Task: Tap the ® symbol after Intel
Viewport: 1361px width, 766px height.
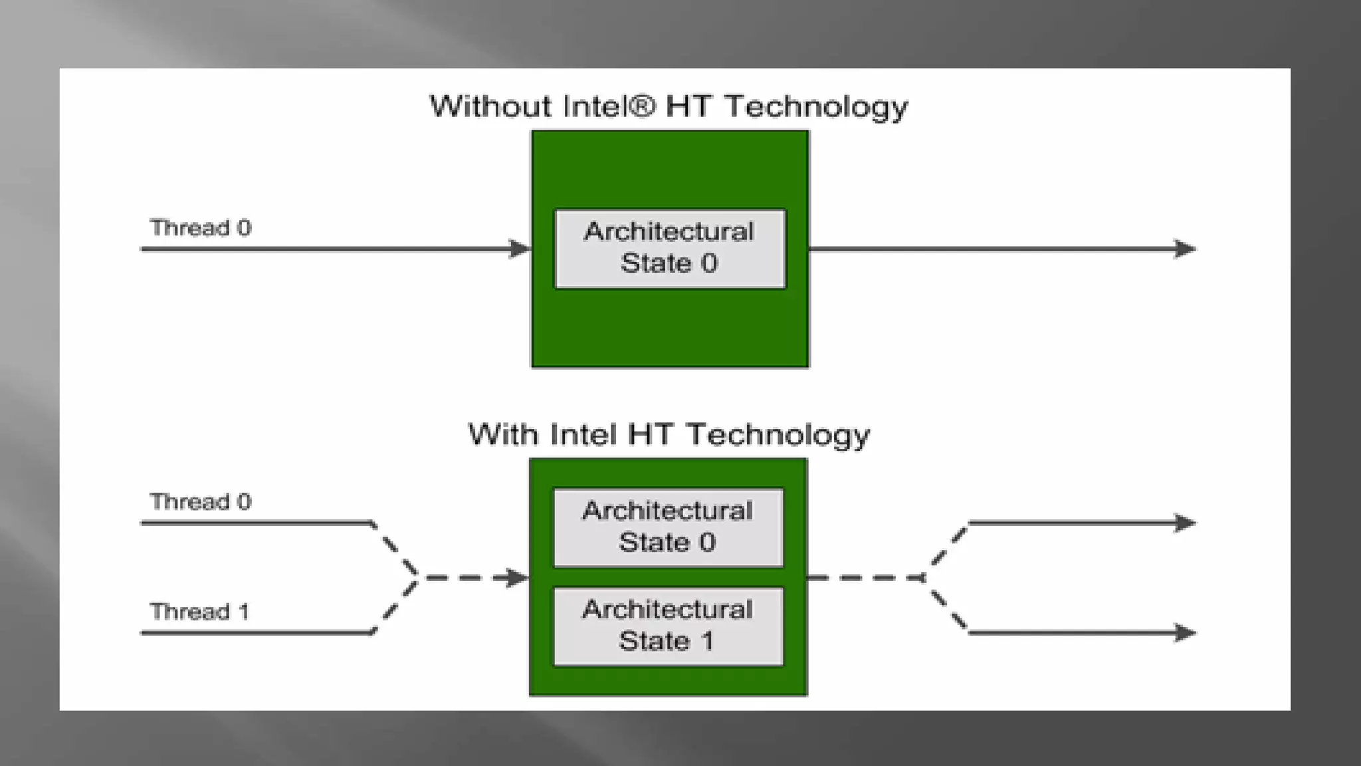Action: [x=641, y=106]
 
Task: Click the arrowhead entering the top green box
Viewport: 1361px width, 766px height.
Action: [x=520, y=249]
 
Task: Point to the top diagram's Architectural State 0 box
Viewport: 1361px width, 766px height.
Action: [x=670, y=249]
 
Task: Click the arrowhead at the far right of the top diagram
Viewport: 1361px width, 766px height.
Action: [x=1185, y=249]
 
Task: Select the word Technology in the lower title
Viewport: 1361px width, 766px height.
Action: [x=778, y=435]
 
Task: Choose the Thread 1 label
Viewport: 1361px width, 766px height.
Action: [x=199, y=611]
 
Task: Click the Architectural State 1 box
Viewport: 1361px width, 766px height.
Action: [x=668, y=626]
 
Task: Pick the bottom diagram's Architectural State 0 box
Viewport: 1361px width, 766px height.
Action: [x=668, y=527]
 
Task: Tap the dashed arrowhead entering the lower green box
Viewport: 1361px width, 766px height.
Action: [x=518, y=577]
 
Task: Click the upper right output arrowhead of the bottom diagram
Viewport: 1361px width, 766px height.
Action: [x=1185, y=523]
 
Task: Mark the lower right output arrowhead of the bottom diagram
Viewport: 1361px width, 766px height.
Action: [x=1185, y=632]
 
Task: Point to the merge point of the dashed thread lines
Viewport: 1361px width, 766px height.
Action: [x=417, y=577]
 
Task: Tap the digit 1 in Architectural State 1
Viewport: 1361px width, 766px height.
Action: [x=707, y=641]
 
